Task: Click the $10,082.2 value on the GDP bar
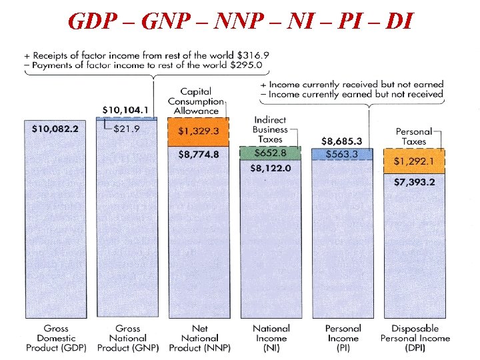click(55, 129)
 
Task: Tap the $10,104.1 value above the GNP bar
click(126, 110)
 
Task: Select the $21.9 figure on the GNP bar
click(126, 129)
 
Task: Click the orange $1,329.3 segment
click(199, 131)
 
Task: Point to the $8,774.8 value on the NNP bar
click(199, 154)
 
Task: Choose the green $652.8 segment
click(271, 153)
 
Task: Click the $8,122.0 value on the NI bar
click(271, 168)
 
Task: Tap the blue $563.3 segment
click(342, 154)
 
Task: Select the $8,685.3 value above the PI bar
click(342, 141)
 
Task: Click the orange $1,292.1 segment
click(414, 161)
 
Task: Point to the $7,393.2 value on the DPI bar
click(414, 182)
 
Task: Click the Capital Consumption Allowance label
click(196, 101)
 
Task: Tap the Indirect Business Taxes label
click(270, 130)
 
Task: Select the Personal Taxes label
click(413, 137)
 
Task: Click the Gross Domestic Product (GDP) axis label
click(56, 338)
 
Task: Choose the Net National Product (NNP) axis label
click(199, 338)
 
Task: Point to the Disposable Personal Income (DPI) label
click(415, 338)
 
